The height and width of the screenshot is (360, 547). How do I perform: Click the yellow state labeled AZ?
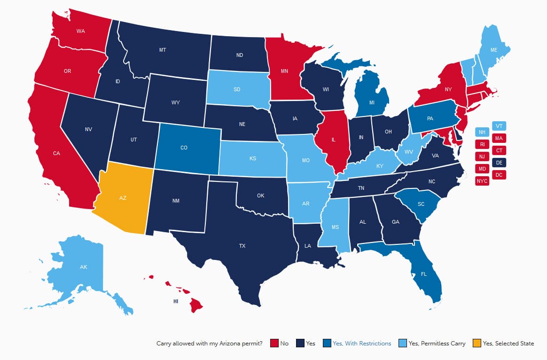point(123,198)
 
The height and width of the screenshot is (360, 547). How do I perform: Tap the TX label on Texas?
point(242,246)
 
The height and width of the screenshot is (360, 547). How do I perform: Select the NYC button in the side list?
point(482,180)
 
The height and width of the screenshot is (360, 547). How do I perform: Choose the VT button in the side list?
point(499,126)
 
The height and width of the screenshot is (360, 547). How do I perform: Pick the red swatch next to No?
point(274,344)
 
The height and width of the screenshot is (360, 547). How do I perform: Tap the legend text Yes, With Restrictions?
point(361,344)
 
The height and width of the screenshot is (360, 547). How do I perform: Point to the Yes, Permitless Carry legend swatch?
point(402,344)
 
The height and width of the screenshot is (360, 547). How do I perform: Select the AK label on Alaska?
point(84,267)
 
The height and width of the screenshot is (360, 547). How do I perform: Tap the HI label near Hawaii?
point(175,301)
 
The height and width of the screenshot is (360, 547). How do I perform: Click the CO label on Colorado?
point(184,148)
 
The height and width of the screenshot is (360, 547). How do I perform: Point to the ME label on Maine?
point(493,50)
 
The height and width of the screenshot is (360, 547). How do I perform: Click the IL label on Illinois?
point(333,140)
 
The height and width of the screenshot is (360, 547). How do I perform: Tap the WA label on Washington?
point(80,31)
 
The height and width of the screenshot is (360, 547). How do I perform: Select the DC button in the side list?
point(499,175)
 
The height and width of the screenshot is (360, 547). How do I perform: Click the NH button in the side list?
point(482,133)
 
